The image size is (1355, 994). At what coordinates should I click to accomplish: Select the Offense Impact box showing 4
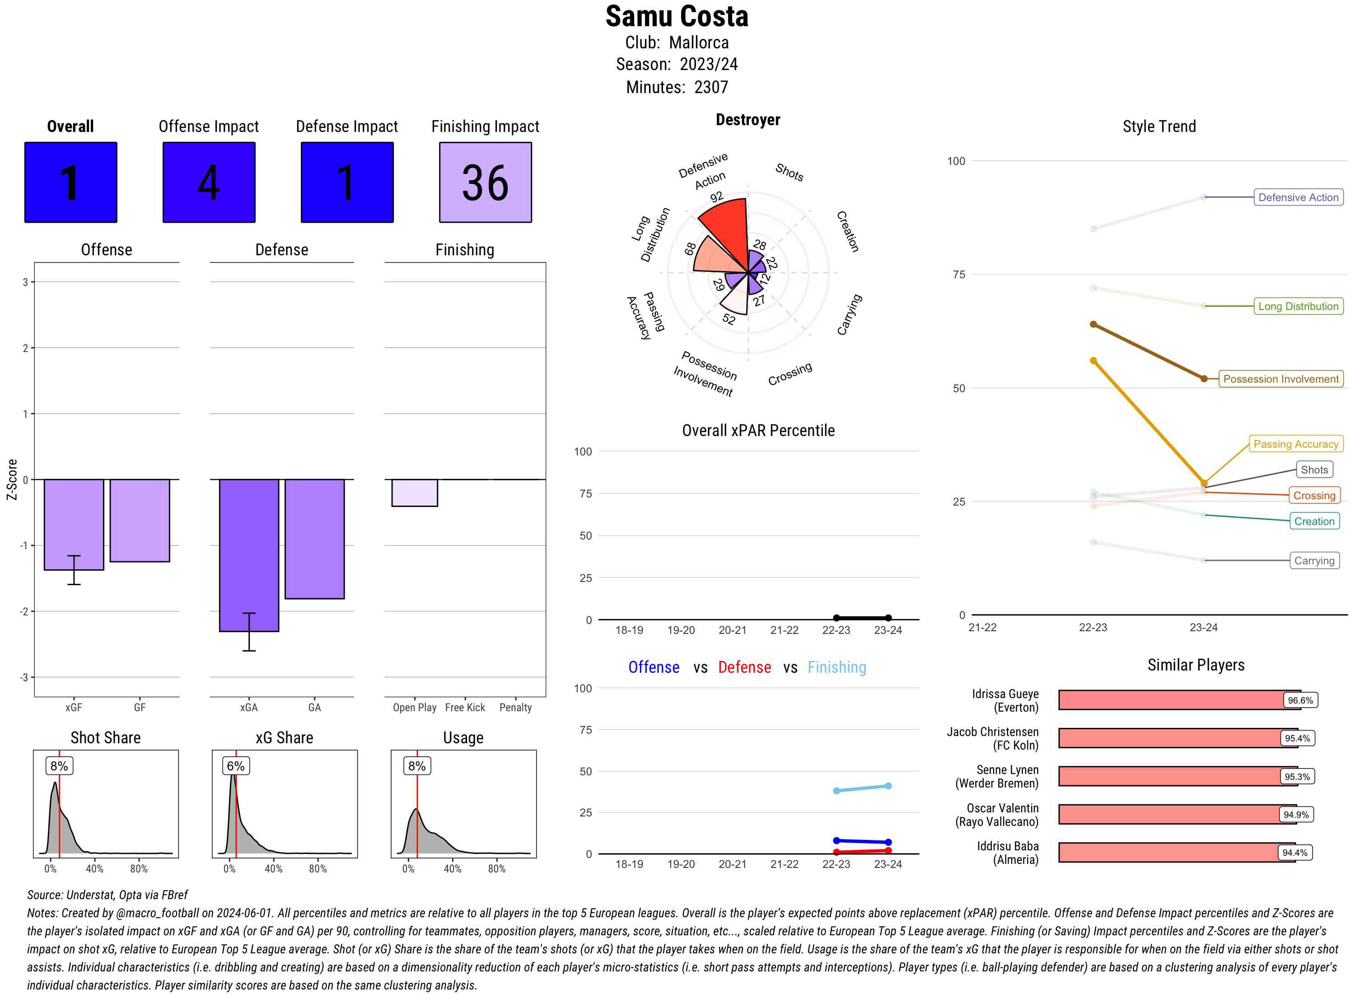point(209,183)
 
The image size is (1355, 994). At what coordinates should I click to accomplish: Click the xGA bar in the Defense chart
point(249,555)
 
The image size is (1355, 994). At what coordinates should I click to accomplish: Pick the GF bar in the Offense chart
point(140,520)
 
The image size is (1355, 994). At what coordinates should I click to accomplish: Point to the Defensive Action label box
point(1298,197)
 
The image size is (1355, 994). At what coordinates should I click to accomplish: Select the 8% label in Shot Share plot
point(59,766)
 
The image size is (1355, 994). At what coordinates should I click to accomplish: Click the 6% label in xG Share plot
point(235,766)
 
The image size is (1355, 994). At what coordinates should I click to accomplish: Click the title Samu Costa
point(677,16)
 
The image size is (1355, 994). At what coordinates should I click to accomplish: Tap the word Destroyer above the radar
point(748,120)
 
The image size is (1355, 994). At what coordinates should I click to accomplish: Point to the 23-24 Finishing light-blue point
point(888,786)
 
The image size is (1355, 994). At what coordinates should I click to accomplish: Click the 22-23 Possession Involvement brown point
point(1093,324)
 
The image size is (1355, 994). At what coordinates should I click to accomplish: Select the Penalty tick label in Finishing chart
point(515,708)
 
